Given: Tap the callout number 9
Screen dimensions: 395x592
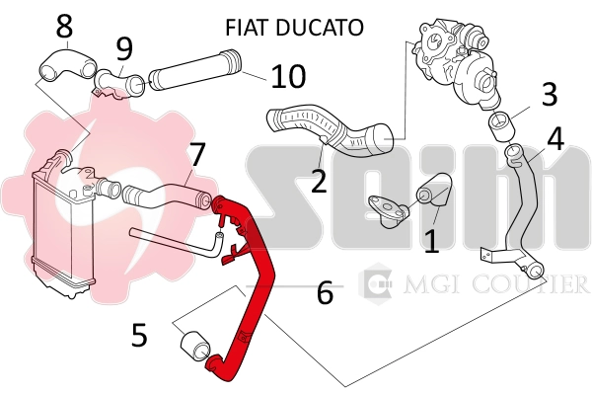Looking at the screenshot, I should [123, 47].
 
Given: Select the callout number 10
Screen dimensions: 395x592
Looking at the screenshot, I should [289, 75].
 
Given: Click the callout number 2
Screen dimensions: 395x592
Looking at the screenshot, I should [318, 181].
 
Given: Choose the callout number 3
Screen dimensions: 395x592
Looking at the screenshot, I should [550, 94].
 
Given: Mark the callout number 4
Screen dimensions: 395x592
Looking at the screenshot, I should [555, 139].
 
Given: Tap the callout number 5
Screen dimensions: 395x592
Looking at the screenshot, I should [139, 336].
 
